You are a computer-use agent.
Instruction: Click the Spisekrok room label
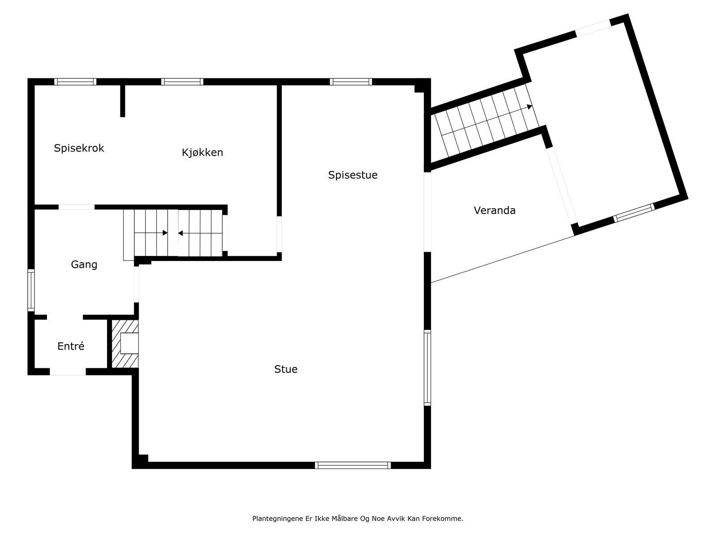pos(79,148)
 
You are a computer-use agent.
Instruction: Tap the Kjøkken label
pos(202,153)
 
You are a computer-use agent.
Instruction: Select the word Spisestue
pos(353,175)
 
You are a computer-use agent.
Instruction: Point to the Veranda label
pos(494,210)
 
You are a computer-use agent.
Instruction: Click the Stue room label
pos(286,369)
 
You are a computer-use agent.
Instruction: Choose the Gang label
pos(84,264)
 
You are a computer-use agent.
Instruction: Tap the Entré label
pos(71,346)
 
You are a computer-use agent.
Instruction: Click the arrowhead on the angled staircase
pos(529,107)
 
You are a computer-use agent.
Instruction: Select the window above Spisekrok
pos(75,82)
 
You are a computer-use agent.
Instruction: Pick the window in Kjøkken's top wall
pos(182,82)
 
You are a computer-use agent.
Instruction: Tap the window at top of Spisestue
pos(351,82)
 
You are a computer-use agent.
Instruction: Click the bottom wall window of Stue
pos(353,465)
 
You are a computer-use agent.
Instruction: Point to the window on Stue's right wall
pos(427,368)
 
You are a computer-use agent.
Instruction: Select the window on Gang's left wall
pos(31,290)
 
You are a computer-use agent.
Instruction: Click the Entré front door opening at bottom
pos(68,372)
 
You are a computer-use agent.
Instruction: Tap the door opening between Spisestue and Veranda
pos(427,212)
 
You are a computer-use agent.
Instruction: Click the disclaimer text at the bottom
pos(358,519)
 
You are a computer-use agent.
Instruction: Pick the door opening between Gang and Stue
pos(136,285)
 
